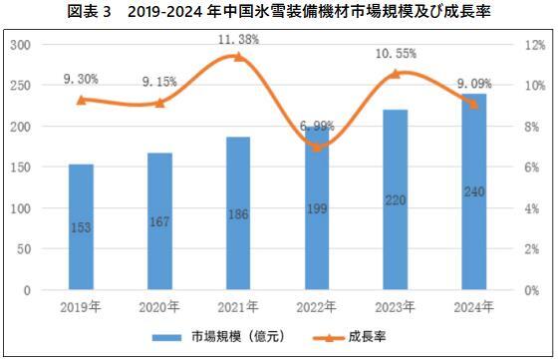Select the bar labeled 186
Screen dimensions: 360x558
238,213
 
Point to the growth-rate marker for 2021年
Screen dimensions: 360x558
238,57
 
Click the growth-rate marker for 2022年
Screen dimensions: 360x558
317,147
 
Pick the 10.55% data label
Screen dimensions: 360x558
396,54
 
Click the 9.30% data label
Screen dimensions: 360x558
82,77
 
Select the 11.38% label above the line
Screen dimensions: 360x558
238,39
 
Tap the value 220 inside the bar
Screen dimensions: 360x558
396,228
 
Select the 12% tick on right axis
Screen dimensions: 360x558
533,46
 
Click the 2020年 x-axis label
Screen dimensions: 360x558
160,306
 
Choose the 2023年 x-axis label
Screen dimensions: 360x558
396,306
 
